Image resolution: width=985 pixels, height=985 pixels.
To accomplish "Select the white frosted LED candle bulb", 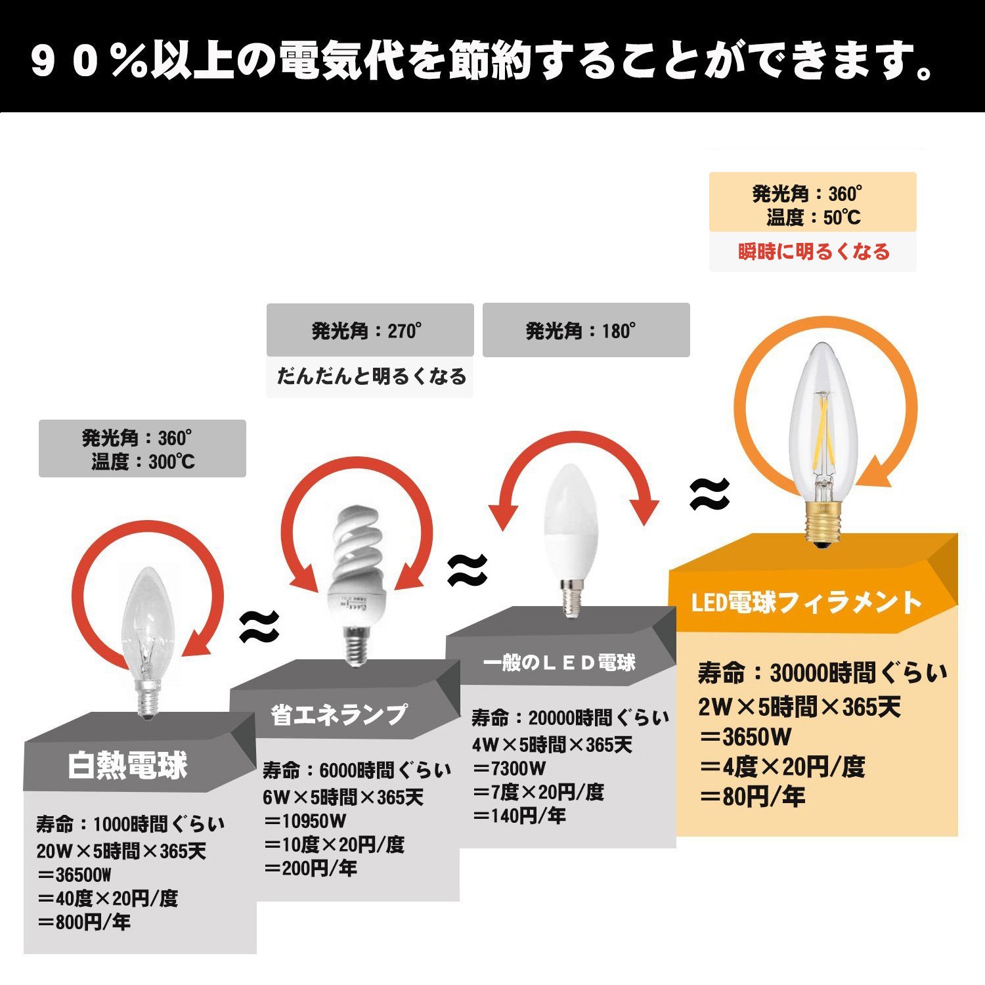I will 569,525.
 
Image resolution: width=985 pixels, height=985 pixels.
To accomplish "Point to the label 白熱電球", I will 128,766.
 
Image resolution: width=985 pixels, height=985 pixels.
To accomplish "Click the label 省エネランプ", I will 339,715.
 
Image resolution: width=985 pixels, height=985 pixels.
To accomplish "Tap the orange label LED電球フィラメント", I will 806,603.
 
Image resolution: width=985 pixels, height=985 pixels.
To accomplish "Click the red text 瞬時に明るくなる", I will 814,252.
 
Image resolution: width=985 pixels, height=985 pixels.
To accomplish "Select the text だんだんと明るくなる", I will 371,376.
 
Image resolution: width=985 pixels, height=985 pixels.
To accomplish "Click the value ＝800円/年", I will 84,923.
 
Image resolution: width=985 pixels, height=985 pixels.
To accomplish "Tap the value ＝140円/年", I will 519,816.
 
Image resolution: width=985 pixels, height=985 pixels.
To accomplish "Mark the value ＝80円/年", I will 752,797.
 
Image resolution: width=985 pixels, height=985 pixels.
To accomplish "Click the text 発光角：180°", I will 580,331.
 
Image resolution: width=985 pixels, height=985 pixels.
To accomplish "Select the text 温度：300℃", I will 143,462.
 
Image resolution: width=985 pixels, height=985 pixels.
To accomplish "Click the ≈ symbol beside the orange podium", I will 710,494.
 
